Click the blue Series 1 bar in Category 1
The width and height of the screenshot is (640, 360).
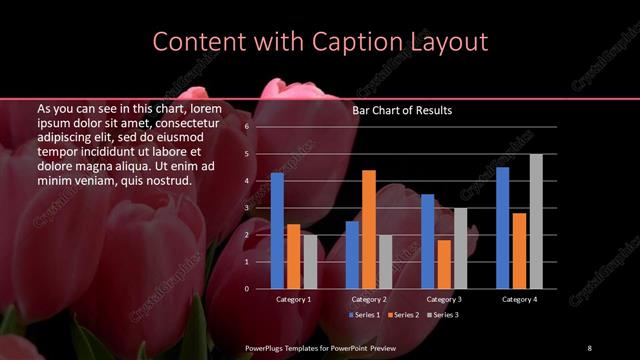pyautogui.click(x=277, y=231)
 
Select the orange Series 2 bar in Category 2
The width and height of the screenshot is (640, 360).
pyautogui.click(x=369, y=229)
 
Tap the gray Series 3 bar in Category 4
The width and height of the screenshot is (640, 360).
pyautogui.click(x=536, y=221)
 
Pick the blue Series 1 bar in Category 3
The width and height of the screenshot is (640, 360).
pyautogui.click(x=428, y=241)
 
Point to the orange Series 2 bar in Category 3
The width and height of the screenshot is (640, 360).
pyautogui.click(x=444, y=264)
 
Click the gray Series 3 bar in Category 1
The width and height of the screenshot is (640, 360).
pyautogui.click(x=310, y=261)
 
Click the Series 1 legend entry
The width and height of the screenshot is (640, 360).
pyautogui.click(x=366, y=315)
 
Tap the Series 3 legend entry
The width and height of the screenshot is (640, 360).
pyautogui.click(x=444, y=315)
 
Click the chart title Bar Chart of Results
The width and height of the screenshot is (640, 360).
pyautogui.click(x=402, y=111)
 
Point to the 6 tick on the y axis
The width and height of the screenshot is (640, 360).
pyautogui.click(x=247, y=128)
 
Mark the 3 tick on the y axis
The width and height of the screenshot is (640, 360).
pyautogui.click(x=247, y=208)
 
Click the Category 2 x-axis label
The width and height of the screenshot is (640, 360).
pyautogui.click(x=368, y=299)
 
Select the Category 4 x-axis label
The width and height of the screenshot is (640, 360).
pyautogui.click(x=519, y=299)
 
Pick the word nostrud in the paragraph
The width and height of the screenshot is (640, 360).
pyautogui.click(x=165, y=180)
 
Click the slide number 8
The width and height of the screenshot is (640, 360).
pyautogui.click(x=589, y=347)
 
